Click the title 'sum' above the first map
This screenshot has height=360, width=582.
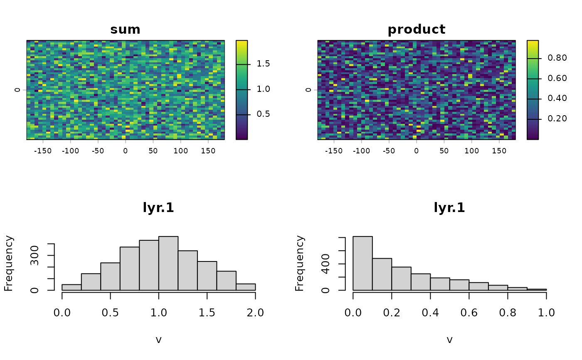coord(125,30)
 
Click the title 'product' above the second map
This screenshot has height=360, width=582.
coord(417,30)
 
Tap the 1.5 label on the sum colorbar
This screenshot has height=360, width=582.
coord(263,64)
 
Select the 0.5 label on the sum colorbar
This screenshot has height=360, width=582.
coord(263,114)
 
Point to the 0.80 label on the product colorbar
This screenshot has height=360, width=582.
coord(557,58)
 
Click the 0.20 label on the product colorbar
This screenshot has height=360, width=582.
coord(557,119)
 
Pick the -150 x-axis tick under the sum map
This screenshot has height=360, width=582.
coord(43,151)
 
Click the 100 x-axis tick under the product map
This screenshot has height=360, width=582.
coord(471,151)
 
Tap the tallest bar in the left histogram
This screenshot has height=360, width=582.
coord(168,264)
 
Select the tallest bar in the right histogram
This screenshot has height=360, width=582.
coord(363,264)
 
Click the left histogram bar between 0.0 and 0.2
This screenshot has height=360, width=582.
coord(72,288)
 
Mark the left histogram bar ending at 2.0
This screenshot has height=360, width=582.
coord(246,287)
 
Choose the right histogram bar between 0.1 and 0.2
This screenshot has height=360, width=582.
coord(382,274)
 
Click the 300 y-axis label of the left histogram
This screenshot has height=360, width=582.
coord(35,256)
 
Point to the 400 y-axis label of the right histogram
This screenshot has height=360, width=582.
coord(326,264)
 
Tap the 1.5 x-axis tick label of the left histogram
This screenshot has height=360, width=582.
coord(207,313)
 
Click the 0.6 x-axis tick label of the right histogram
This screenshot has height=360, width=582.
coord(469,313)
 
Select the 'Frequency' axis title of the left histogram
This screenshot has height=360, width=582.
coord(9,264)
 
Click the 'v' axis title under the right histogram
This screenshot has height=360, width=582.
coord(449,340)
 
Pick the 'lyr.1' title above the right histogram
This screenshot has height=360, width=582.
coord(449,208)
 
